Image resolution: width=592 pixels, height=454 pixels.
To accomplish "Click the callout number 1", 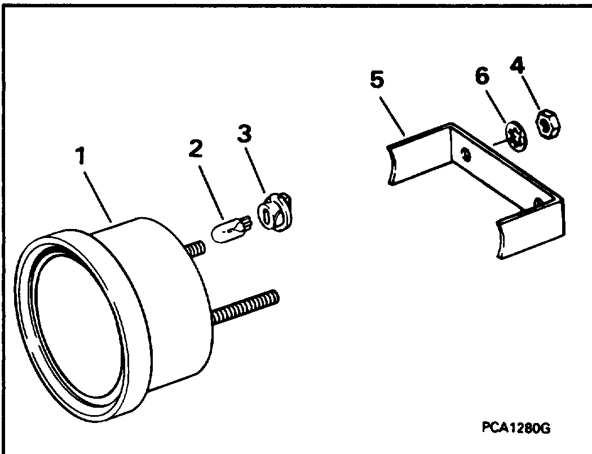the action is [80, 156].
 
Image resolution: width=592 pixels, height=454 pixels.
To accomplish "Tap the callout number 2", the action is [196, 148].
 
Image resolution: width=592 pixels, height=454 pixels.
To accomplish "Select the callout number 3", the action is [244, 134].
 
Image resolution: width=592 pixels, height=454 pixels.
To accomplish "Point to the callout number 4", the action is [517, 66].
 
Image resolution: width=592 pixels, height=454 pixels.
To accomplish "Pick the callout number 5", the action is [377, 80].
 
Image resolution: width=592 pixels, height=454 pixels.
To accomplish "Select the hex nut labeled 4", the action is [547, 124].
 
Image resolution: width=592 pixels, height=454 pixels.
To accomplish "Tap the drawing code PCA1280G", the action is [516, 428].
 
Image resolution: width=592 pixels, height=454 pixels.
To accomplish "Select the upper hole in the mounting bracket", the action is [467, 155].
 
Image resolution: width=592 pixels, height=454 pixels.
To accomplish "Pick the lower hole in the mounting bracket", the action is [539, 204].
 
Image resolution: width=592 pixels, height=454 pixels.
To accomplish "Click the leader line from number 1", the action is [98, 197].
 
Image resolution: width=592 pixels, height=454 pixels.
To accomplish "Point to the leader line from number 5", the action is [392, 117].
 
